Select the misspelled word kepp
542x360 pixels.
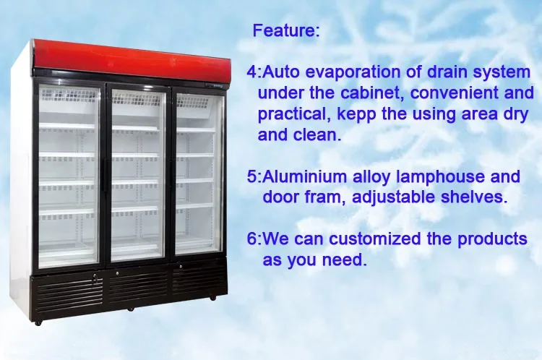[356, 115]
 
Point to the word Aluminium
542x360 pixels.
[305, 176]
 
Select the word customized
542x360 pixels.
[374, 239]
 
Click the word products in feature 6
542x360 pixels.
[492, 240]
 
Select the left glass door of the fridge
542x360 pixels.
[69, 176]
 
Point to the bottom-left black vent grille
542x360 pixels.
[69, 291]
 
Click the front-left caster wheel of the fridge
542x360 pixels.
[38, 323]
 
